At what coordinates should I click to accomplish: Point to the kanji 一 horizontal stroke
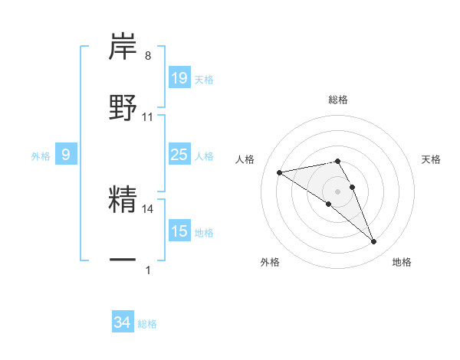point(123,260)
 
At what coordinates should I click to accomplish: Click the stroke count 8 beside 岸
point(148,56)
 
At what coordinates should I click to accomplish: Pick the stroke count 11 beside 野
point(148,116)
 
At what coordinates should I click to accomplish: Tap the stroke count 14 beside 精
point(148,208)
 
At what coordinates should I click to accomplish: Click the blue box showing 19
point(179,78)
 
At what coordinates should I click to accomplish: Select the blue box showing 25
point(179,155)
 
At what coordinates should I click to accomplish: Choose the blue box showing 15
point(179,231)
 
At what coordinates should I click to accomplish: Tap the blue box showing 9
point(66,155)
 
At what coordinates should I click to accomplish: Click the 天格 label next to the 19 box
point(204,79)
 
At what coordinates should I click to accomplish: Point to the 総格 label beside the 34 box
point(147,324)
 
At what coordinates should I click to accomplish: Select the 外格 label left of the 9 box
point(41,156)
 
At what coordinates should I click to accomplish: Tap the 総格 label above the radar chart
point(338,100)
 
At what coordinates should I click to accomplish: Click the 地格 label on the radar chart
point(402,262)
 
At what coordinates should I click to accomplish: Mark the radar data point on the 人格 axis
point(280,172)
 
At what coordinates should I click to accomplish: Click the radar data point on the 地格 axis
point(374,242)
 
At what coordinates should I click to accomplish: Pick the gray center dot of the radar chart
point(337,191)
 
